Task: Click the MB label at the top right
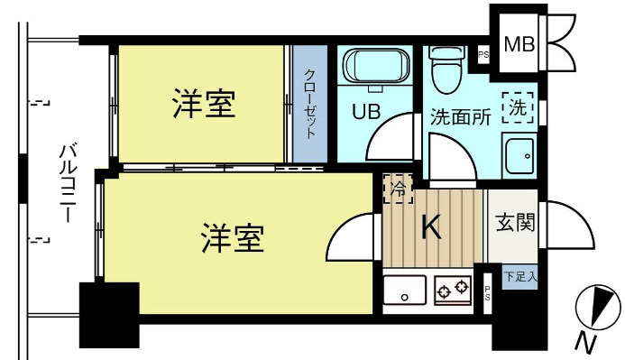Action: (x=518, y=43)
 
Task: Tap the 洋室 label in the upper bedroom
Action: (x=204, y=106)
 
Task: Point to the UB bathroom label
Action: (x=365, y=113)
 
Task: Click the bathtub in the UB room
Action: (x=377, y=66)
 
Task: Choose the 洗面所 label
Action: (x=459, y=116)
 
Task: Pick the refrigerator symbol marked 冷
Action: (x=397, y=189)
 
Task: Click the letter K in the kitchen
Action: (x=432, y=229)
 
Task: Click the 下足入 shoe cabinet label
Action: (x=519, y=275)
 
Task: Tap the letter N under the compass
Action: (x=587, y=344)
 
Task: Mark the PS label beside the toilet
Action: (x=483, y=54)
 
